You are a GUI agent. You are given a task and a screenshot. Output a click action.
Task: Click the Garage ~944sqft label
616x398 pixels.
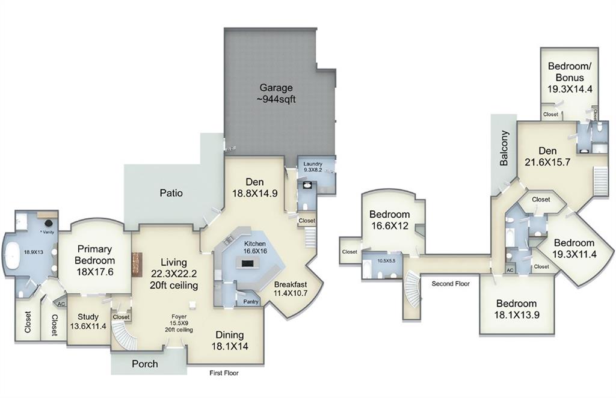[277, 94]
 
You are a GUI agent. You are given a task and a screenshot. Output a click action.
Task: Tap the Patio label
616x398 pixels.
[171, 193]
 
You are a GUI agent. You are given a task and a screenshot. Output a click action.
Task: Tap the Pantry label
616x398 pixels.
[251, 302]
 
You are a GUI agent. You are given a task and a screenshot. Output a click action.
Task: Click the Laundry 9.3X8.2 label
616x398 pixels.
[313, 167]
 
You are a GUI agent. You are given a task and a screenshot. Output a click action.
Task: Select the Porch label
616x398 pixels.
[145, 364]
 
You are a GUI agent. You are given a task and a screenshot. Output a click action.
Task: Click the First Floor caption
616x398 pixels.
[224, 373]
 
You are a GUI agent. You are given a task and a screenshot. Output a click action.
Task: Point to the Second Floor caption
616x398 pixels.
[451, 283]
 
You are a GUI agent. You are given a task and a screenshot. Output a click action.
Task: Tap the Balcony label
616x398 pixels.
[504, 148]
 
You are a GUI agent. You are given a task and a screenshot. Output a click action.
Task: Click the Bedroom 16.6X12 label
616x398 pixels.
[389, 219]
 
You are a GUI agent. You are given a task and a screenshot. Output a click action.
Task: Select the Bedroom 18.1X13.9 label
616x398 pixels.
[516, 309]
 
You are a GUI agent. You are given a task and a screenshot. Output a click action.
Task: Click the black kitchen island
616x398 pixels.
[247, 263]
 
